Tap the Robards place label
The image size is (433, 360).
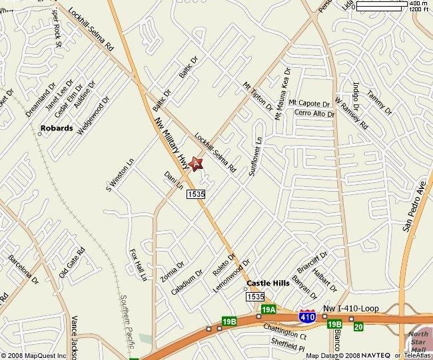tap(57, 128)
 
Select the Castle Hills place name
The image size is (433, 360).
tap(268, 283)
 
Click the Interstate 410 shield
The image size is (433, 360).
tap(307, 317)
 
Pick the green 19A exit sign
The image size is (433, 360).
tap(268, 310)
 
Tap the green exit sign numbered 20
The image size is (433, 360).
tap(358, 326)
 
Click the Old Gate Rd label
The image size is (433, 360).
tap(73, 263)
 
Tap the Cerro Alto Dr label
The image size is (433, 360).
tap(314, 114)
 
